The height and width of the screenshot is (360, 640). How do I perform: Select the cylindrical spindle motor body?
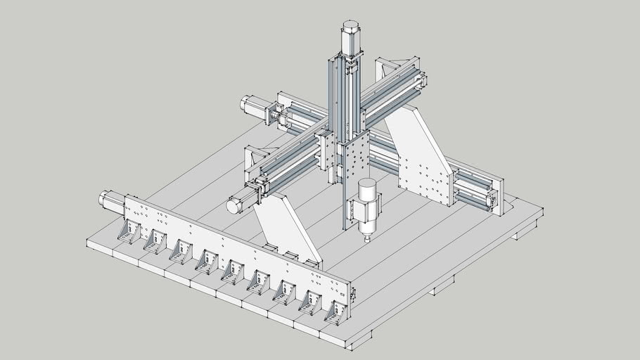tap(367, 207)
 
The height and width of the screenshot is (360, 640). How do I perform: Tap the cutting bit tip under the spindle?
tap(366, 240)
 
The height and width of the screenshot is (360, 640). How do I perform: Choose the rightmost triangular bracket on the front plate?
tap(335, 312)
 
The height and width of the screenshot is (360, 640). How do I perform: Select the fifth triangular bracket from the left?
tap(232, 271)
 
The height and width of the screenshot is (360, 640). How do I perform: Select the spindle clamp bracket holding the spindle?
tap(352, 212)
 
